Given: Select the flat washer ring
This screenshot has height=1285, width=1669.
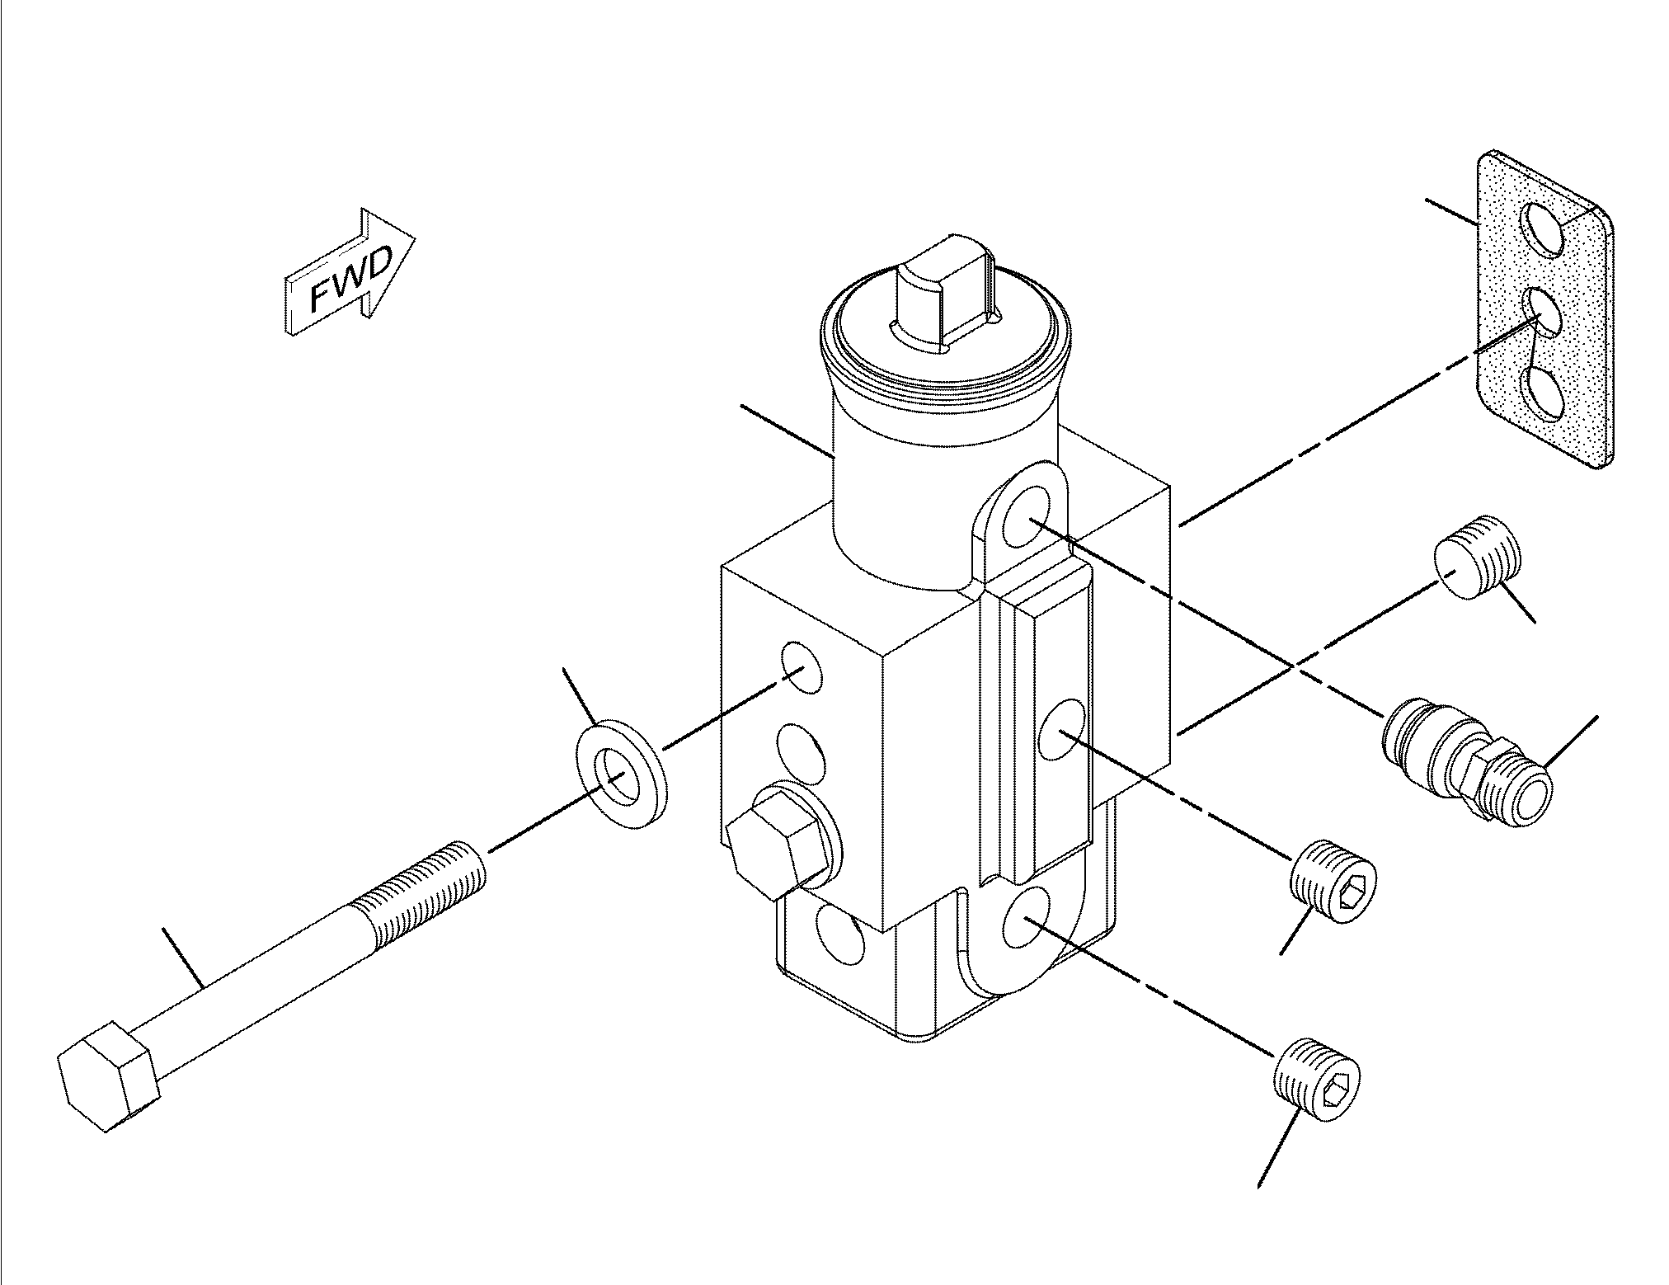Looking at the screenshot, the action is coord(618,774).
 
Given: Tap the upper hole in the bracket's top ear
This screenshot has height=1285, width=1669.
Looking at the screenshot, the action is coord(1027,517).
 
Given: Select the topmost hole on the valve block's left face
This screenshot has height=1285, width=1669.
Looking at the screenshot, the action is coord(801,666).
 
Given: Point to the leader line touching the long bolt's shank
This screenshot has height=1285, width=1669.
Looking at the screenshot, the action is coord(184,958).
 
